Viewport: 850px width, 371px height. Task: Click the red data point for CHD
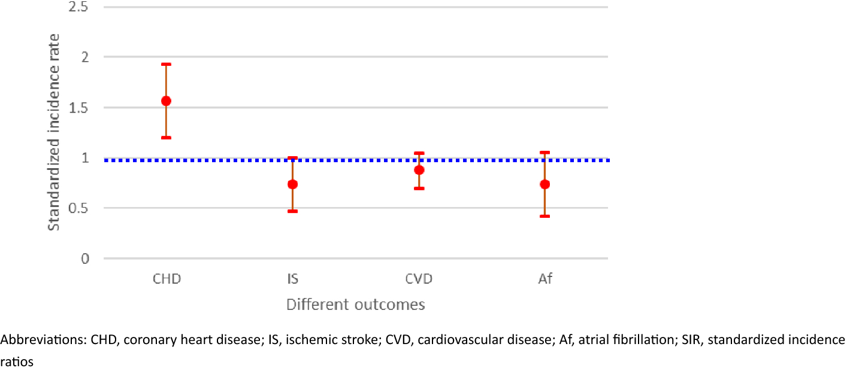coord(166,101)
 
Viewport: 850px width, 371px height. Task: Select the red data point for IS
coord(292,184)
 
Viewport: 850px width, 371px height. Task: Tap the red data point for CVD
coord(419,170)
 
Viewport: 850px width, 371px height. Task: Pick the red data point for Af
coord(545,184)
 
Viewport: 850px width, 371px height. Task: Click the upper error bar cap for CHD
coord(166,64)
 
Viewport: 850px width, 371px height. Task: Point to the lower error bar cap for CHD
coord(166,138)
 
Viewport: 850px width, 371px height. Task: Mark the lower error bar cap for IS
coord(292,211)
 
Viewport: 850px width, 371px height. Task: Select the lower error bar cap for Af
coord(545,216)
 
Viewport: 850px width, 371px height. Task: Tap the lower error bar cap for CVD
coord(419,188)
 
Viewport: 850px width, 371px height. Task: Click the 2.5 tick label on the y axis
coord(79,7)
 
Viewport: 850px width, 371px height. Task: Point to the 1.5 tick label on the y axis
coord(79,108)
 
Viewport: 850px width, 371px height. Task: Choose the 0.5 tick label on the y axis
coord(79,208)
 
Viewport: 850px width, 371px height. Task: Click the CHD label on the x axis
coord(167,279)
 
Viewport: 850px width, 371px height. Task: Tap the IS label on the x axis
coord(292,279)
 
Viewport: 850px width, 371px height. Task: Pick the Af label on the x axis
coord(545,279)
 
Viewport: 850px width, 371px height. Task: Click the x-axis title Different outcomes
coord(356,305)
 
